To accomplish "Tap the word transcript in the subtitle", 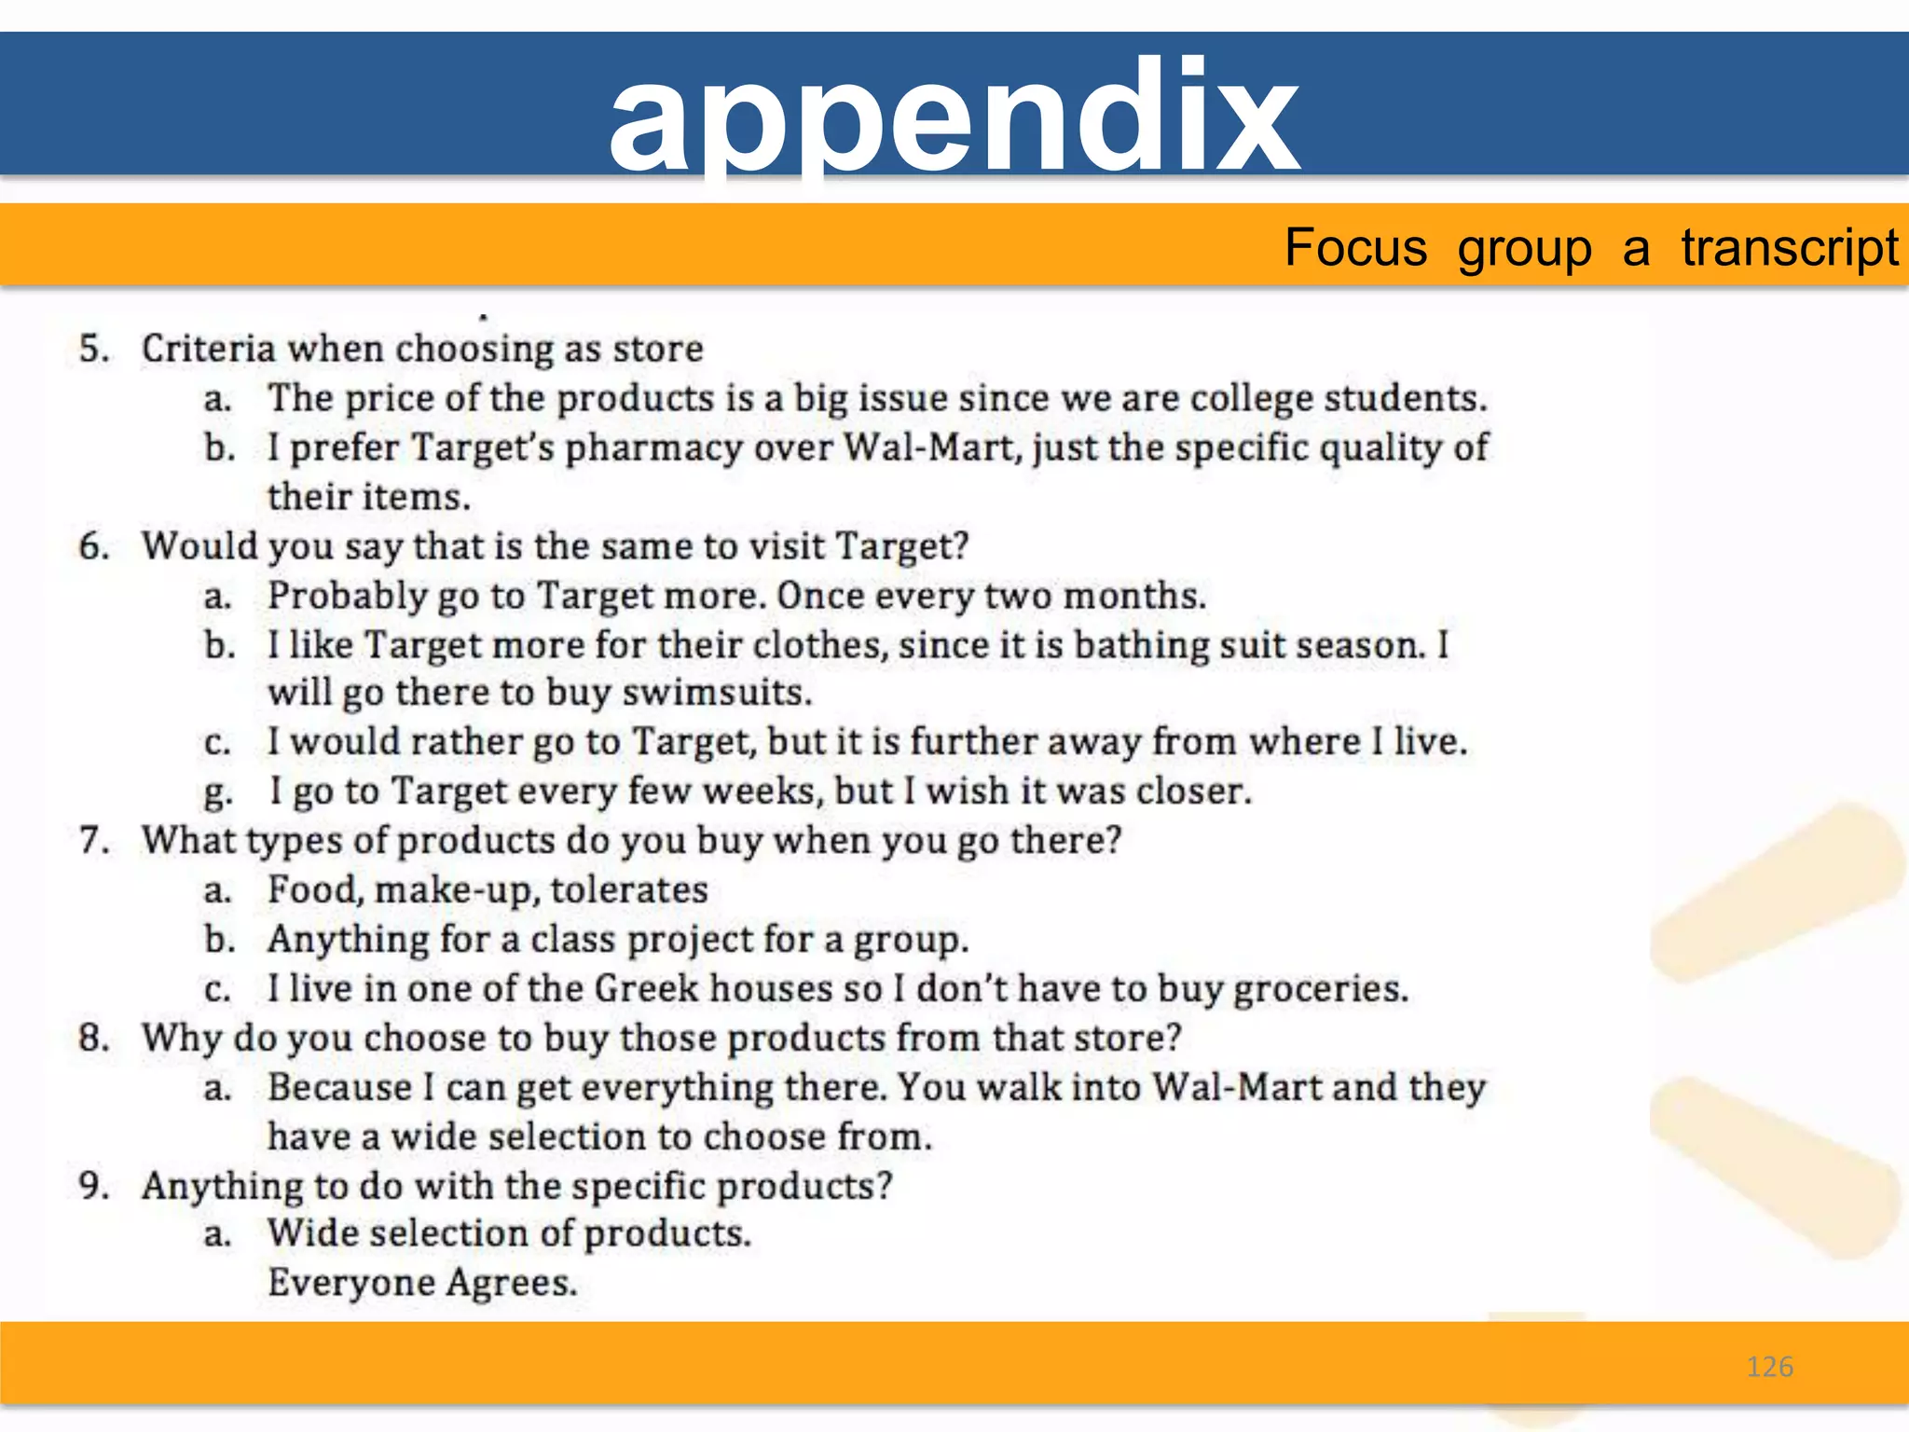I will click(1790, 248).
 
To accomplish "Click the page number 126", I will click(1769, 1367).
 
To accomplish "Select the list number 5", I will click(94, 349).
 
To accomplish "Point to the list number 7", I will click(94, 840).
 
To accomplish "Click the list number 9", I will click(94, 1185).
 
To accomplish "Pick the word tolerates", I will click(629, 889).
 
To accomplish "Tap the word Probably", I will click(348, 596).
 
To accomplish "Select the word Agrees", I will click(512, 1284).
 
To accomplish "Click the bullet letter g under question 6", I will click(217, 792).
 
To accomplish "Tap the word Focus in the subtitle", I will click(1355, 248).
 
